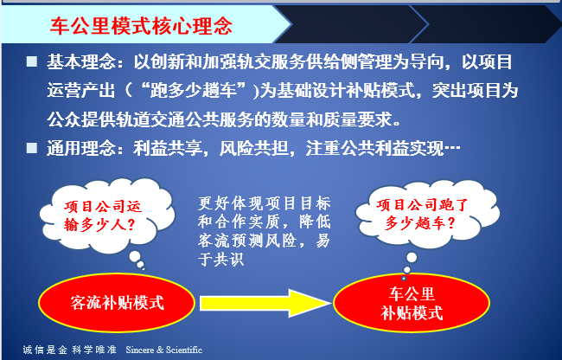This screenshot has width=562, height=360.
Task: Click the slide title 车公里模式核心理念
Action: pyautogui.click(x=141, y=26)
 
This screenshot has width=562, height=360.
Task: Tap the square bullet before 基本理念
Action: pyautogui.click(x=31, y=61)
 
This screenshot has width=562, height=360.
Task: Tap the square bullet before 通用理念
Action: pyautogui.click(x=31, y=148)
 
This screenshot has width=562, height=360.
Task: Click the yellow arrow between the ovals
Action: pyautogui.click(x=265, y=304)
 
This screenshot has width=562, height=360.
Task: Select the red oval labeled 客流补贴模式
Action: pyautogui.click(x=117, y=303)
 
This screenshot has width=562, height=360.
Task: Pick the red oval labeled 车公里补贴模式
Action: pyautogui.click(x=412, y=304)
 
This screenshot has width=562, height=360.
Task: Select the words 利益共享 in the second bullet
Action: pyautogui.click(x=168, y=148)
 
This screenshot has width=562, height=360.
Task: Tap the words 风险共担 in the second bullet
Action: pyautogui.click(x=253, y=148)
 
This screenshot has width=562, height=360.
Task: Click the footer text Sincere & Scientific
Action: pyautogui.click(x=163, y=350)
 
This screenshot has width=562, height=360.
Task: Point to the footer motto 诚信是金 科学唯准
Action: pyautogui.click(x=70, y=350)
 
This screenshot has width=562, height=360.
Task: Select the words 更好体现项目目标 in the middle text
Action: pyautogui.click(x=265, y=203)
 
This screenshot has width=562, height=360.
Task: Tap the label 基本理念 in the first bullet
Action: pyautogui.click(x=81, y=62)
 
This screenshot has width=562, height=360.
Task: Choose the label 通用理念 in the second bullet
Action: pyautogui.click(x=81, y=148)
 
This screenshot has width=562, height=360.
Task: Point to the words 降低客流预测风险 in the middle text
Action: pyautogui.click(x=265, y=231)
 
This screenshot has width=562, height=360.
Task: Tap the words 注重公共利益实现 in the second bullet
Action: pyautogui.click(x=374, y=148)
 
